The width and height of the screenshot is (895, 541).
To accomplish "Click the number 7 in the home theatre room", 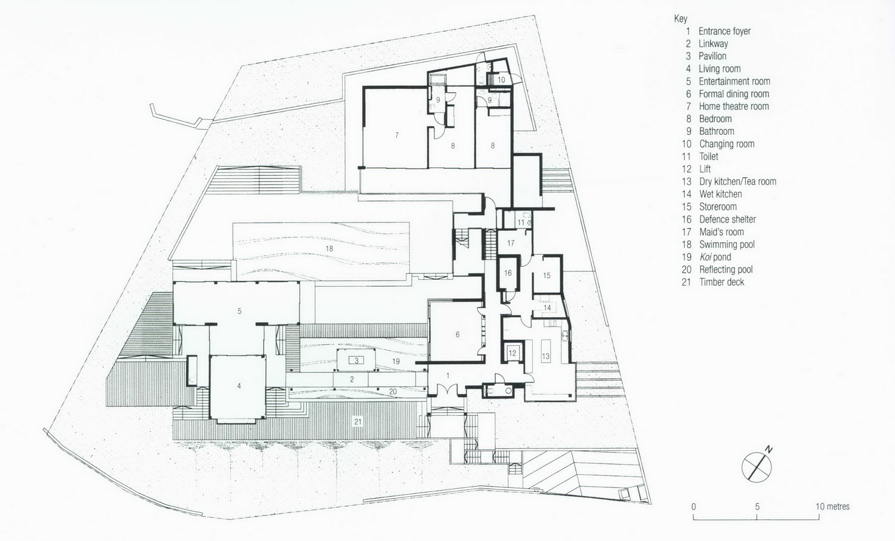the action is (x=397, y=135).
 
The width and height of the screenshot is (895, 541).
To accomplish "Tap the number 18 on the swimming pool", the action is (x=329, y=249).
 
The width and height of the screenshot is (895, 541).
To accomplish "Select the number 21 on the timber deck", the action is (x=358, y=422).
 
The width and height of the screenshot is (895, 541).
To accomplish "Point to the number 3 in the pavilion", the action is (x=356, y=360).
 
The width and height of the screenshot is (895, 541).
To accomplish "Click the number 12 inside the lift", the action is (x=512, y=353).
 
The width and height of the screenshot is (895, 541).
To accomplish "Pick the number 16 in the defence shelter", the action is (x=508, y=273).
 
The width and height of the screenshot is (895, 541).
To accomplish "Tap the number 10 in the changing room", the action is (x=501, y=79).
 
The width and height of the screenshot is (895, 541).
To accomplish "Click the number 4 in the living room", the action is (x=239, y=386).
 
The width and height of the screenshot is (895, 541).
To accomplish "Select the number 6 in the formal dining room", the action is (x=458, y=335).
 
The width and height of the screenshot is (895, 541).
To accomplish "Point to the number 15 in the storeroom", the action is (x=547, y=276).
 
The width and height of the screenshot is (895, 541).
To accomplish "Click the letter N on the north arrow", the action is (x=769, y=450).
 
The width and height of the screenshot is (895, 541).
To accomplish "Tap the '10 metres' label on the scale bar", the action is (x=833, y=506).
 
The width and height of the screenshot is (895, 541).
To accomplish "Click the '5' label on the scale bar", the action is (x=757, y=506).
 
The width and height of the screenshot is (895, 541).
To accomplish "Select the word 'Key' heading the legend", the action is (x=681, y=18).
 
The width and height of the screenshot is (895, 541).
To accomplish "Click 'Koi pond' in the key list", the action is (x=715, y=257).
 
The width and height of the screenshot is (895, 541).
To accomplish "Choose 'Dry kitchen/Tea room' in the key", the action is (x=737, y=181).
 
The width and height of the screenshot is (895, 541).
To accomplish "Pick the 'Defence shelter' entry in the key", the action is (x=727, y=220).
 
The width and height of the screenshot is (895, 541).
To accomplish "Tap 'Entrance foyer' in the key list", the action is (x=724, y=31).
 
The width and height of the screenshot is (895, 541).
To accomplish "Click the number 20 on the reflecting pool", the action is (x=393, y=391).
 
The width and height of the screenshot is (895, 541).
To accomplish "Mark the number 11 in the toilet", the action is (x=521, y=222).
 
